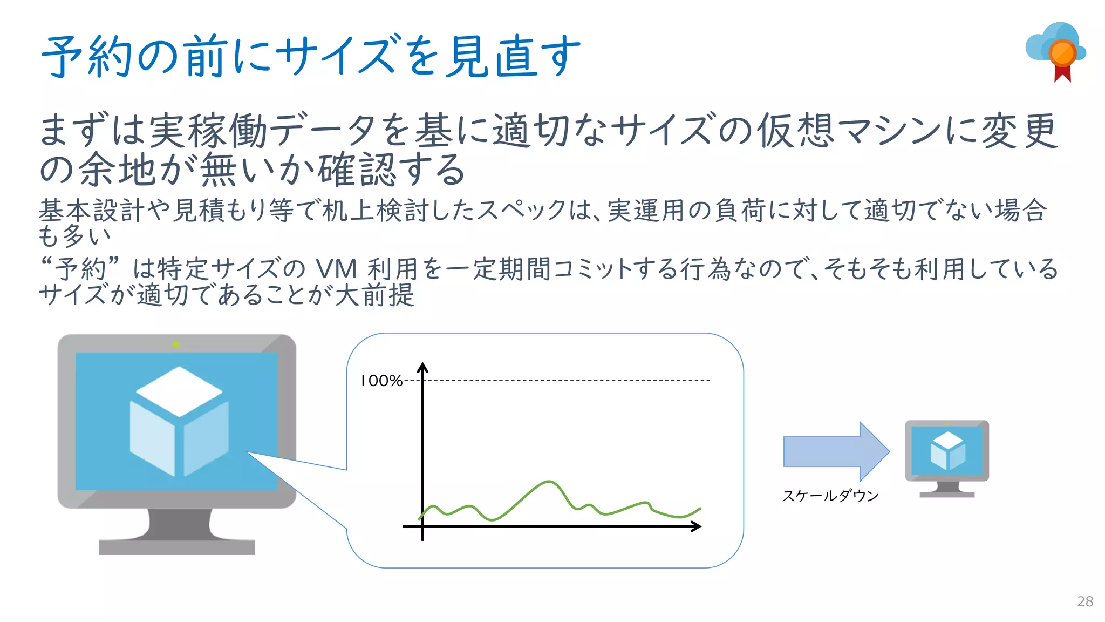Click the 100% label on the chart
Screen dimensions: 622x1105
click(381, 381)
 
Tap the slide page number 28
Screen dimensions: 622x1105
click(1084, 601)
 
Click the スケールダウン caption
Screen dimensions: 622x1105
click(830, 496)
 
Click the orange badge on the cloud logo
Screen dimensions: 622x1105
click(1062, 53)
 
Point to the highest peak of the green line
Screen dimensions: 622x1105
click(549, 481)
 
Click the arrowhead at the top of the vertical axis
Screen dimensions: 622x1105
click(422, 368)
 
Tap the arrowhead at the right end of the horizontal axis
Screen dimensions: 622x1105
click(697, 526)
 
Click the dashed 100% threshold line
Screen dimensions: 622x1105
click(567, 381)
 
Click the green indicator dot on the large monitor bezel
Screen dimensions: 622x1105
click(175, 344)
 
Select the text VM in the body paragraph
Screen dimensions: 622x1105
click(336, 269)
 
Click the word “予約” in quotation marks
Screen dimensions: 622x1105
click(80, 269)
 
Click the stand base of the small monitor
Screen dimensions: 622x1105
click(947, 494)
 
